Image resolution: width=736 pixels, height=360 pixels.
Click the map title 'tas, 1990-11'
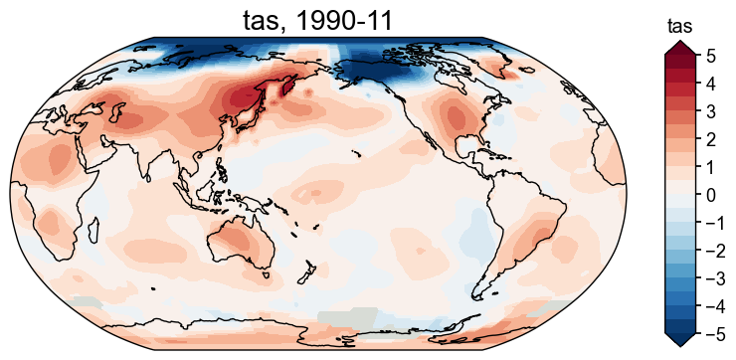317,19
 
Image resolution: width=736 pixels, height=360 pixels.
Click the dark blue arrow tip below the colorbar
679,340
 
